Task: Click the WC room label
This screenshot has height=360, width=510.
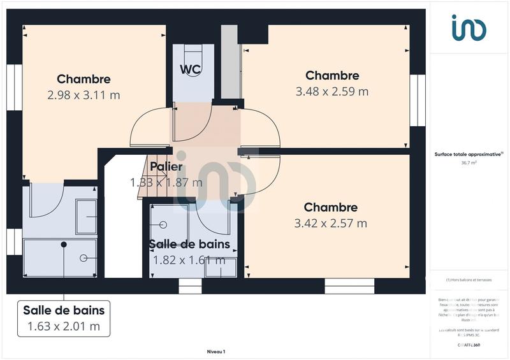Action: point(191,69)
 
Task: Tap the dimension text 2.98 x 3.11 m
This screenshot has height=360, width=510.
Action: point(84,95)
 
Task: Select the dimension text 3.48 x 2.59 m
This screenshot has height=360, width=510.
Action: point(331,91)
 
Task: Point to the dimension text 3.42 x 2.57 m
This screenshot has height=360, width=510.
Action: point(330,223)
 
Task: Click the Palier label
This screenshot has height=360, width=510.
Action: point(166,167)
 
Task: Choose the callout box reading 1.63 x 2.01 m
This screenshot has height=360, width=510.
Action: point(63,318)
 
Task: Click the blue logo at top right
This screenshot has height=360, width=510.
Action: point(469,28)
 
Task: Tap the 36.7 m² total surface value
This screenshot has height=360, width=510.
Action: point(469,162)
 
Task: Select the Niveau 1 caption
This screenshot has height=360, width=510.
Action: point(216,351)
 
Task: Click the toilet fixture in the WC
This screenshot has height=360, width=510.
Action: point(191,54)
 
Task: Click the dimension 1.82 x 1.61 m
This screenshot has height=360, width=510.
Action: point(189,260)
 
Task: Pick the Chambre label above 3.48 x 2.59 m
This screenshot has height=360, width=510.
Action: point(331,75)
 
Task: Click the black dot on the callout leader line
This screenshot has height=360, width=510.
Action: point(64,245)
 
